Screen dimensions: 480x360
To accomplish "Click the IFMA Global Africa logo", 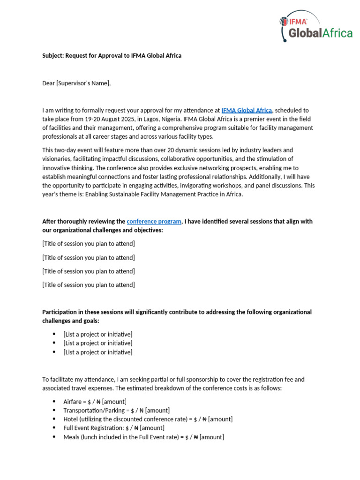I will (x=316, y=27).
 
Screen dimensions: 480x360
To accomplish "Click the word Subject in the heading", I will (x=53, y=56).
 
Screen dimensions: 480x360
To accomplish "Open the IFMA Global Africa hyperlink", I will (x=247, y=110).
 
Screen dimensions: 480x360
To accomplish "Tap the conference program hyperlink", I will (x=154, y=221).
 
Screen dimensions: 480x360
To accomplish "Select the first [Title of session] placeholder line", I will (x=89, y=244).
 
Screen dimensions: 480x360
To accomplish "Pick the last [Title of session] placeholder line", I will (x=89, y=285).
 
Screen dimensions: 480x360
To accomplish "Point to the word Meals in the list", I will (x=71, y=437).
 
